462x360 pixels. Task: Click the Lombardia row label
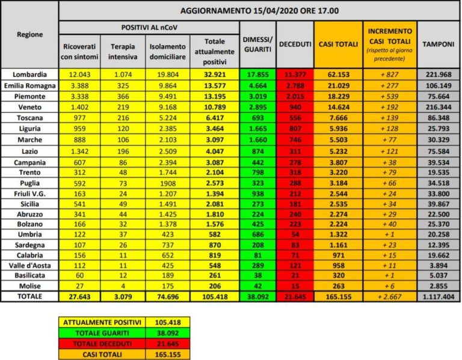(x=29, y=74)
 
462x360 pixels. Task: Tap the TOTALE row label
(x=29, y=296)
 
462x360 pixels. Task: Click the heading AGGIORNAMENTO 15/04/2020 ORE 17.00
(x=259, y=10)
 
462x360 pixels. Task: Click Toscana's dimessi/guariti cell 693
(x=257, y=115)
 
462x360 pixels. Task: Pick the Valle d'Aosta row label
(x=29, y=265)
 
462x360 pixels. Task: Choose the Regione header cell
(x=29, y=35)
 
